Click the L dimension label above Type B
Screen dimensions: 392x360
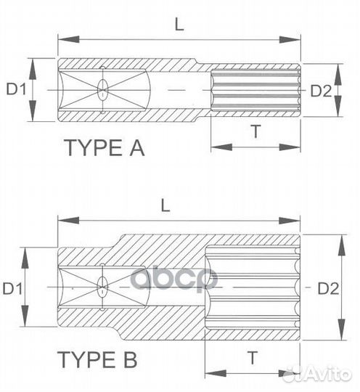click(165, 205)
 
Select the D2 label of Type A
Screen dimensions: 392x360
click(322, 90)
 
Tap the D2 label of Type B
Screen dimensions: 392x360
click(328, 288)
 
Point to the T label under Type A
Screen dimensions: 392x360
click(255, 131)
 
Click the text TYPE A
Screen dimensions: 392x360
click(105, 148)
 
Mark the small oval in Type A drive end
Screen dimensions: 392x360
click(102, 90)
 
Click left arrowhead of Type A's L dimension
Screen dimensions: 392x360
click(62, 39)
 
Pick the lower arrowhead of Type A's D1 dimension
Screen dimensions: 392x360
click(32, 117)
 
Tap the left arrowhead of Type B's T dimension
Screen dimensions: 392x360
click(210, 370)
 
